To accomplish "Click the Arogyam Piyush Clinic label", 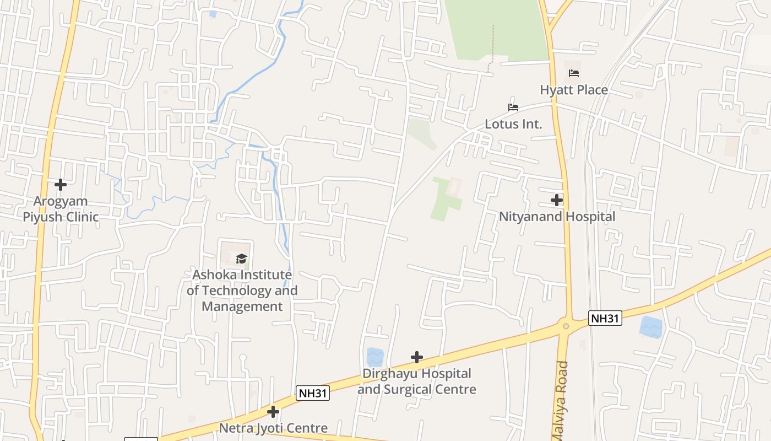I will coord(61,209).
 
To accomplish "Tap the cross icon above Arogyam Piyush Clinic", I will coord(61,185).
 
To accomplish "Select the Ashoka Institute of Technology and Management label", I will coord(242,291).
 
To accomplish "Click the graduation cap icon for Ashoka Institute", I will coord(241,259).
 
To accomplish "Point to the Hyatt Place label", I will coord(574,90).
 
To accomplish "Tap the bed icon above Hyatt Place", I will coord(574,73).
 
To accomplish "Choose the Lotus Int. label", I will coord(513,124).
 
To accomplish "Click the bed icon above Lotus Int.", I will coord(513,107).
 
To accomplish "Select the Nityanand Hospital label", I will coord(557,217).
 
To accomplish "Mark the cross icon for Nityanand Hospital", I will coord(557,200).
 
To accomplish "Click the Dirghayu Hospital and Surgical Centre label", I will coord(417,381).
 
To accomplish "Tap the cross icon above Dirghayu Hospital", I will coord(417,357).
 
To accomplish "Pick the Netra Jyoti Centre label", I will coord(273,428).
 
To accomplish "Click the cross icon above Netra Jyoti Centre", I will coord(273,412).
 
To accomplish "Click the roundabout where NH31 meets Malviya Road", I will coord(566,326).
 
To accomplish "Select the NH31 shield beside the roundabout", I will coord(605,318).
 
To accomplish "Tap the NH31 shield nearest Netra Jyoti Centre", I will coord(313,393).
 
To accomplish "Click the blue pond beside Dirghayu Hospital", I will coord(375,357).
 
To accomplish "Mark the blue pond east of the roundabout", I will coord(651,327).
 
